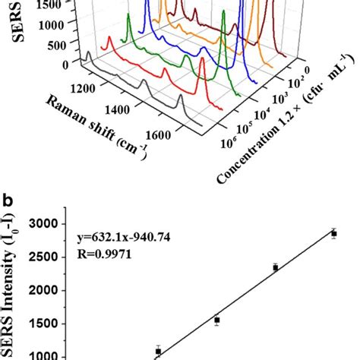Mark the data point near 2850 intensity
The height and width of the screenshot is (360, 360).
tap(333, 234)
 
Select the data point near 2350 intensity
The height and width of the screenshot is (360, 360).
tap(275, 267)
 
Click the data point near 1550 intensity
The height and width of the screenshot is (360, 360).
tap(216, 321)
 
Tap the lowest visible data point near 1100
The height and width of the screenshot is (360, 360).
tap(158, 351)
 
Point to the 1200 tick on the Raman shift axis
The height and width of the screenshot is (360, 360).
tap(81, 87)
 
